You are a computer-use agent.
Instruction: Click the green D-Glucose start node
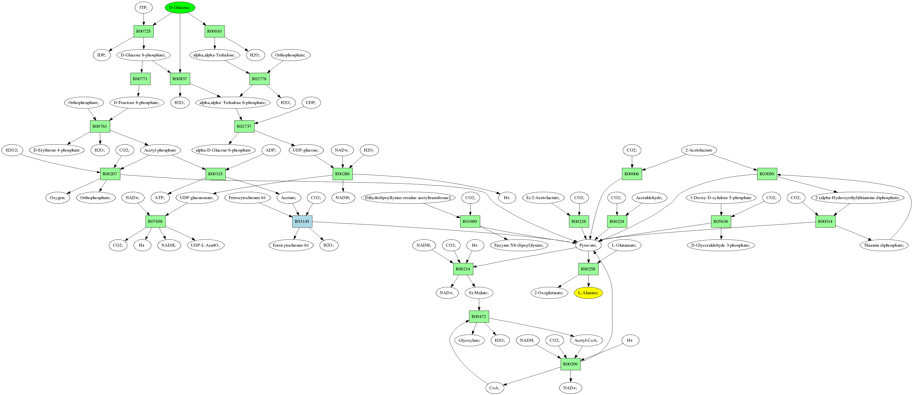[180, 7]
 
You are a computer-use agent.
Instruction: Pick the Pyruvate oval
[588, 245]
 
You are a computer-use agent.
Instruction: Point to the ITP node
[143, 7]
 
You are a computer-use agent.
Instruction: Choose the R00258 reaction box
[588, 269]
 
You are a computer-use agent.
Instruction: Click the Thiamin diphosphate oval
[884, 245]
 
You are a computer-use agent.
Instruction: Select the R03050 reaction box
[767, 174]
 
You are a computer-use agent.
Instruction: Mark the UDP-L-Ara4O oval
[205, 245]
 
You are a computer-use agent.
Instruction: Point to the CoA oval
[495, 388]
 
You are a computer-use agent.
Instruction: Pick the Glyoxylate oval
[470, 340]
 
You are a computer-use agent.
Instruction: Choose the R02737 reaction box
[244, 126]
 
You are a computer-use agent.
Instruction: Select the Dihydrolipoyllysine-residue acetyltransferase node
[408, 198]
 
